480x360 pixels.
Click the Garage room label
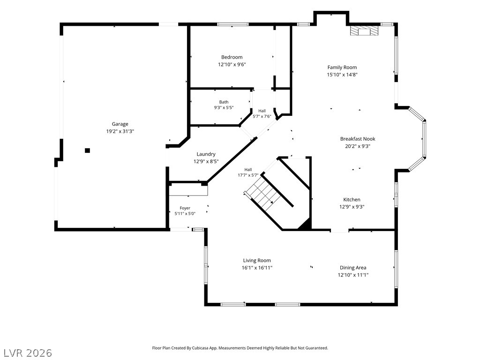click(120, 124)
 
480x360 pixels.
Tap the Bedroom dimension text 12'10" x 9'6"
click(232, 65)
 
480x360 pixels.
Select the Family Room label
click(342, 67)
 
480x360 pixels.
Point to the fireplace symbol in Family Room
click(364, 31)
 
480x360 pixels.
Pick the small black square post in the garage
click(87, 150)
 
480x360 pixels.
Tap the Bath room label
click(224, 102)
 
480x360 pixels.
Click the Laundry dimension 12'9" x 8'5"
click(206, 162)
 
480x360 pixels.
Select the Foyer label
click(185, 208)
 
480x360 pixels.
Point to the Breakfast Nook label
click(358, 139)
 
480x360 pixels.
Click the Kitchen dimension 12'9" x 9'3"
click(352, 207)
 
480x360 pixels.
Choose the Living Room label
click(257, 261)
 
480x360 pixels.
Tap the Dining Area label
click(353, 268)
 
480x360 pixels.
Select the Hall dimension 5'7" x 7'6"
click(262, 116)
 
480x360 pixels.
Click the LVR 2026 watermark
click(26, 353)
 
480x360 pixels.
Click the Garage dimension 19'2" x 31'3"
click(120, 131)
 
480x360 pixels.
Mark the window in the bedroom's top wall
click(232, 24)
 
